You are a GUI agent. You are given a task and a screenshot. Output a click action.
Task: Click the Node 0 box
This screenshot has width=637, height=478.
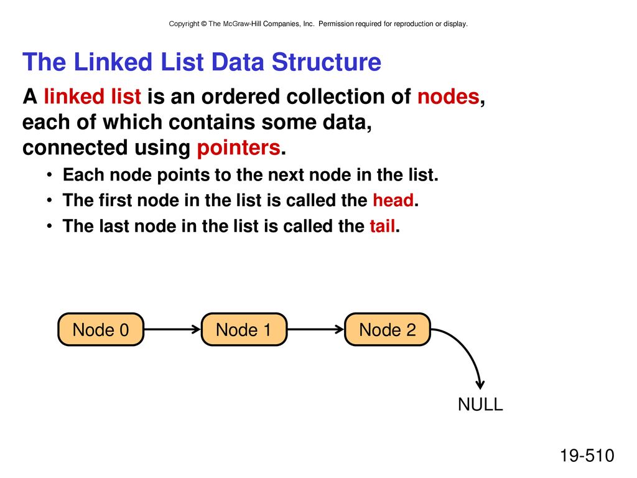tap(101, 329)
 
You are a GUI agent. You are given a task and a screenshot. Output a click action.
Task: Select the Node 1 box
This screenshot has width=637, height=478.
tap(244, 329)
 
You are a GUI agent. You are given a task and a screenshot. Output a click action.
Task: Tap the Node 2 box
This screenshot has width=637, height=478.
tap(388, 329)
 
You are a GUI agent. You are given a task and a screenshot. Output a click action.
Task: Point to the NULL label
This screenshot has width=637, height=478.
tap(480, 404)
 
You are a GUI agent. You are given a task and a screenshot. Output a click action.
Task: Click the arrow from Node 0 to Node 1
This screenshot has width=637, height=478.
tap(173, 329)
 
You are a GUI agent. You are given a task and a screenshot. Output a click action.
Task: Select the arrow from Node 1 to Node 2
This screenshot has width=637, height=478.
tap(316, 329)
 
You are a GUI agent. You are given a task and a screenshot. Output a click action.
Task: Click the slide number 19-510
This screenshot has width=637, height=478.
tap(587, 455)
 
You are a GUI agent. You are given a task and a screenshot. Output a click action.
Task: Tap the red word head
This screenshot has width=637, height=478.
tap(393, 200)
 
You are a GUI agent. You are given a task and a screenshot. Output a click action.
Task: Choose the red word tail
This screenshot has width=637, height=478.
tap(383, 225)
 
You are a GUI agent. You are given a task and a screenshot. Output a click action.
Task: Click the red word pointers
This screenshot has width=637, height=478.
tap(238, 148)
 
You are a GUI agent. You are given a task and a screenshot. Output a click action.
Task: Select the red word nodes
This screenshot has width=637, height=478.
tap(449, 96)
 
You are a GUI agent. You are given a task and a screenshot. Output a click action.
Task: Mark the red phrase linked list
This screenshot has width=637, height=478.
tap(93, 96)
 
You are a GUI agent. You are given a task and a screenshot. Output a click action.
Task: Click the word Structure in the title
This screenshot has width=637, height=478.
tap(326, 62)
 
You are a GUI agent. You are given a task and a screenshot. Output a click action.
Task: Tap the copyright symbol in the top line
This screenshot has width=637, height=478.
tap(203, 24)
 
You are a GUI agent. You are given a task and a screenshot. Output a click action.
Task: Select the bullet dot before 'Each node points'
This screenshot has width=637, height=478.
tap(49, 175)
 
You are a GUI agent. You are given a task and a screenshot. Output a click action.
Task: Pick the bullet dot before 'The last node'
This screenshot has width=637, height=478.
tap(49, 226)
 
